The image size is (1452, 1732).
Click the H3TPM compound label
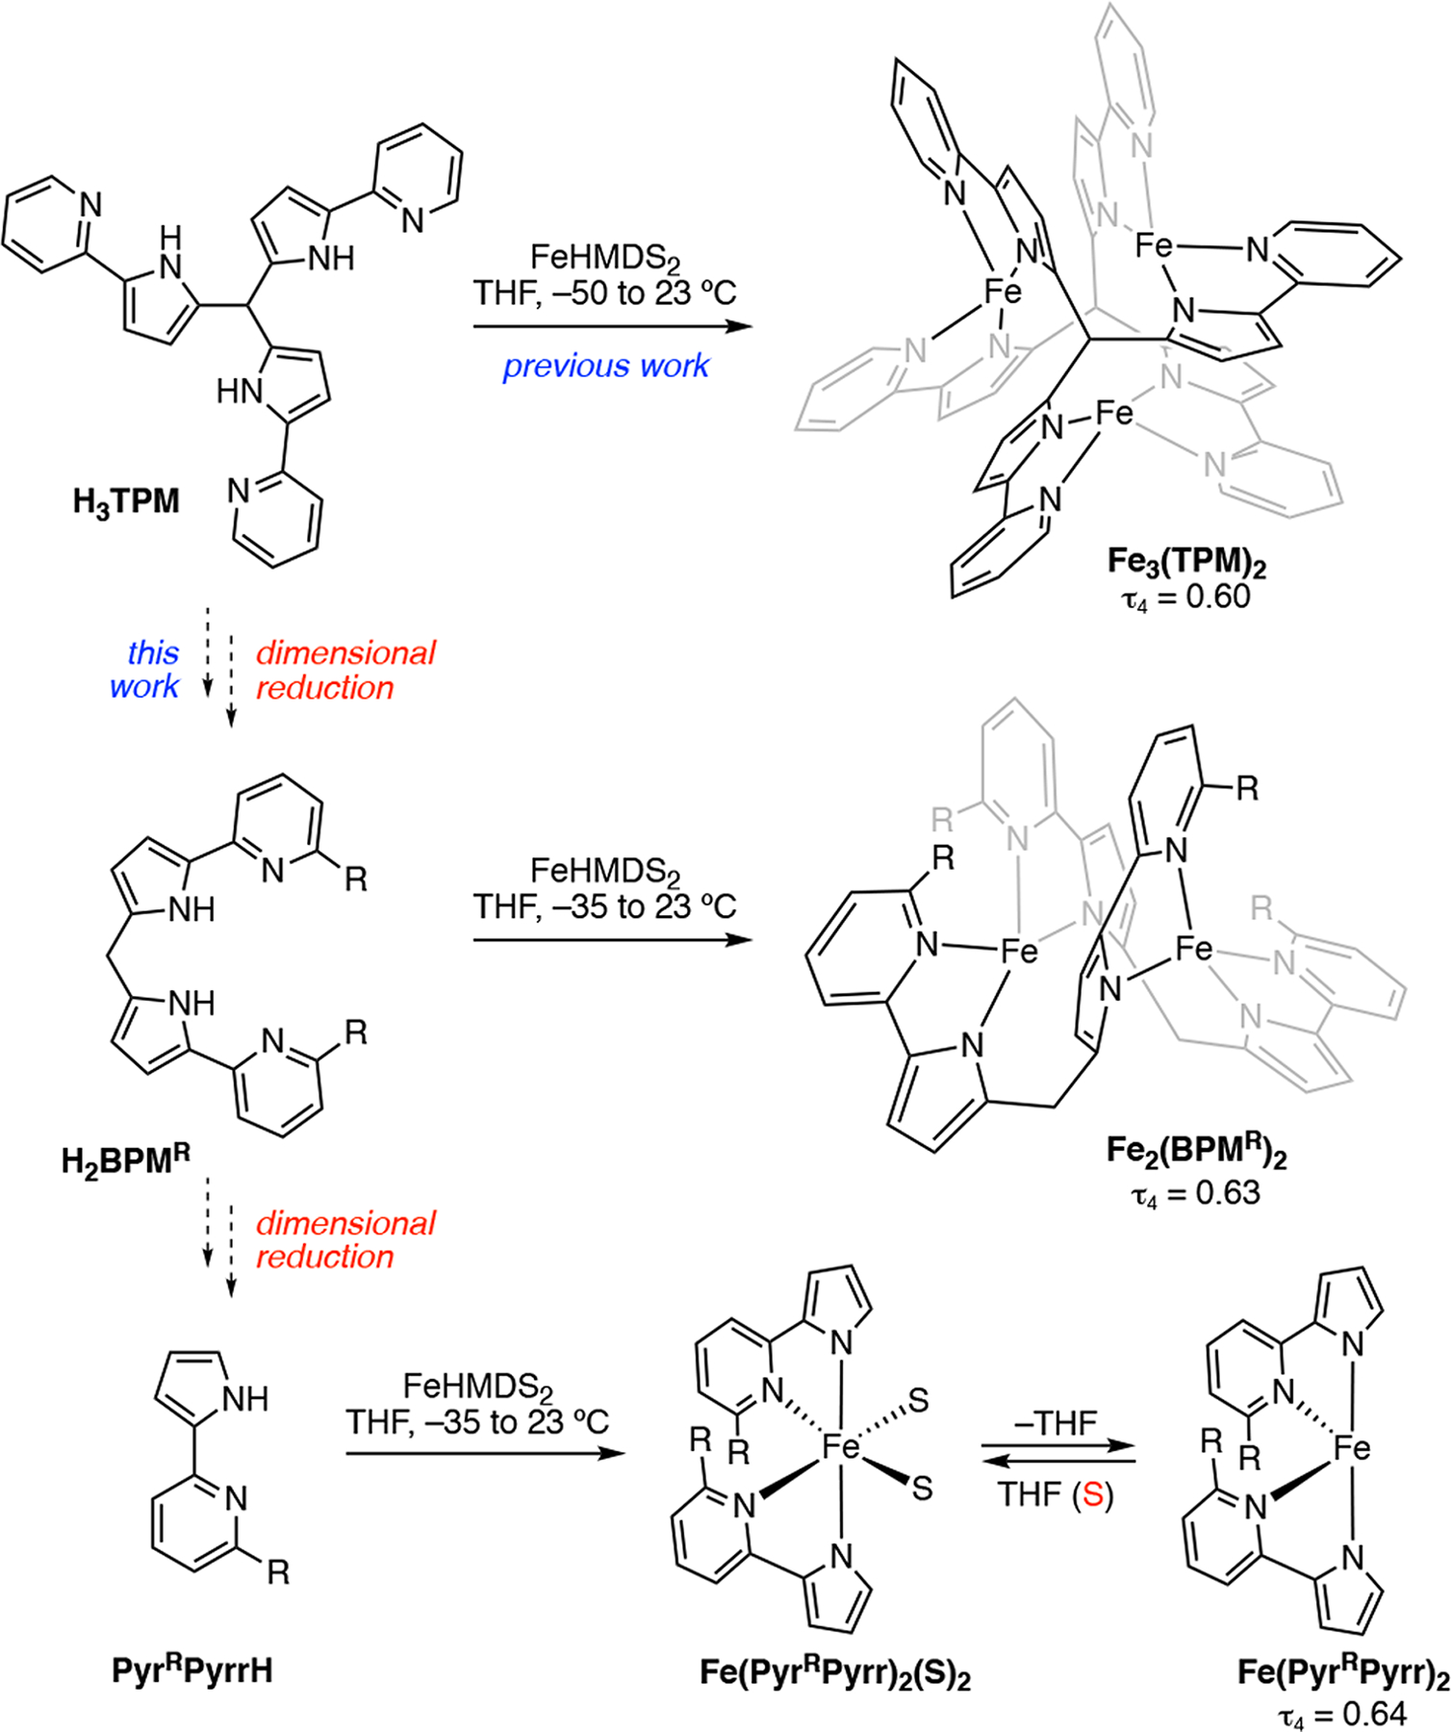(126, 502)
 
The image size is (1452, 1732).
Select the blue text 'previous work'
(605, 367)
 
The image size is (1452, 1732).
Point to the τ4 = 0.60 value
(1185, 598)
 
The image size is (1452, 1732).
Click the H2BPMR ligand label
(125, 1160)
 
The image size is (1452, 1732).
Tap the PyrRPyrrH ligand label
(191, 1669)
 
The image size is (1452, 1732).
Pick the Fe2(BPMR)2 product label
(1195, 1152)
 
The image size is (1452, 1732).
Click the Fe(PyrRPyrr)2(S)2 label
(834, 1673)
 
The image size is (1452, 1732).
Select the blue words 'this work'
(144, 670)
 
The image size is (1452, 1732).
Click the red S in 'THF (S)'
(1092, 1495)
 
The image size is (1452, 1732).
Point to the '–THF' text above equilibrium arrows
(1056, 1422)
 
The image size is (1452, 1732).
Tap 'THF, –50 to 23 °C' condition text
(604, 293)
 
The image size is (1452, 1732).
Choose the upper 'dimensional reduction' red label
(344, 670)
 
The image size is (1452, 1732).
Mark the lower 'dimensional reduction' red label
(344, 1239)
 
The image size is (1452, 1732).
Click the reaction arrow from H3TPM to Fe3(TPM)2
(612, 327)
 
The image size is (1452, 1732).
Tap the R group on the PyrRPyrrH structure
(277, 1572)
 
